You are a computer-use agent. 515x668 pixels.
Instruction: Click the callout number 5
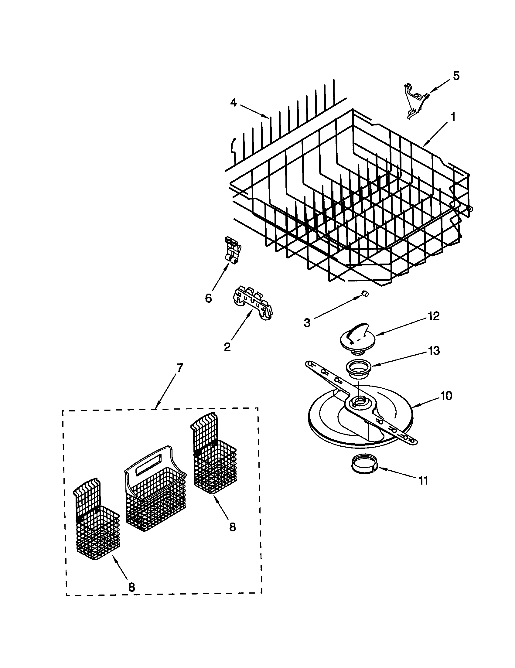click(x=456, y=76)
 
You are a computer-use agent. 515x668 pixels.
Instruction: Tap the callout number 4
click(x=233, y=103)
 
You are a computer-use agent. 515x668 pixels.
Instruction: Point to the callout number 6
click(x=208, y=298)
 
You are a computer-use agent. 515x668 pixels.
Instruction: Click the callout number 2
click(x=227, y=347)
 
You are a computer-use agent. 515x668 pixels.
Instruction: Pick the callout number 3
click(x=307, y=322)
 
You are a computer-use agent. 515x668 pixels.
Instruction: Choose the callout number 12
click(x=434, y=316)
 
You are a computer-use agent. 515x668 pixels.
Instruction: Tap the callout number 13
click(x=434, y=351)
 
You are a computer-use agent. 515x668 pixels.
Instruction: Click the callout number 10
click(x=446, y=396)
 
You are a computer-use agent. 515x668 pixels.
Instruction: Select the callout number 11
click(x=423, y=481)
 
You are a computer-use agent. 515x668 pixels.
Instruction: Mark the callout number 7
click(x=179, y=368)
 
